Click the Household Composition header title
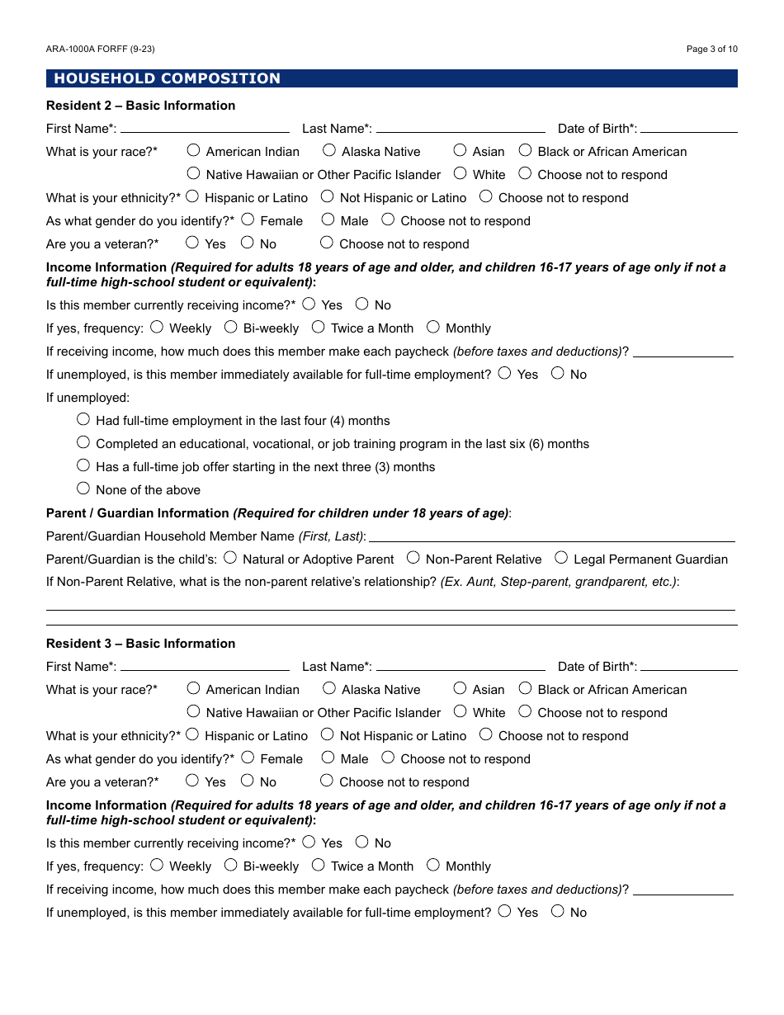point(167,78)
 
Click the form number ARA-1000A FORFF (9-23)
point(101,50)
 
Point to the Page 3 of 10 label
point(711,50)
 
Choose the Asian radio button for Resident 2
point(460,150)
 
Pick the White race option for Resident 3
point(460,711)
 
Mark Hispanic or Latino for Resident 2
point(192,196)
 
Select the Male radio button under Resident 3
point(328,758)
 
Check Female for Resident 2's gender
point(248,220)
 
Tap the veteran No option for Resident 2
point(248,243)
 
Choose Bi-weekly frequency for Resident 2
point(231,327)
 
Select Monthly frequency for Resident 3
point(433,865)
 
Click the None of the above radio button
point(83,489)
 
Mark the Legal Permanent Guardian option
point(561,558)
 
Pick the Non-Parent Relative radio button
point(413,558)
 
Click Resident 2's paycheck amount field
point(682,351)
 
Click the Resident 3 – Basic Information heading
point(140,644)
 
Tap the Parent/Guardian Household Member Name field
point(550,536)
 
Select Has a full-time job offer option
point(83,465)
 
